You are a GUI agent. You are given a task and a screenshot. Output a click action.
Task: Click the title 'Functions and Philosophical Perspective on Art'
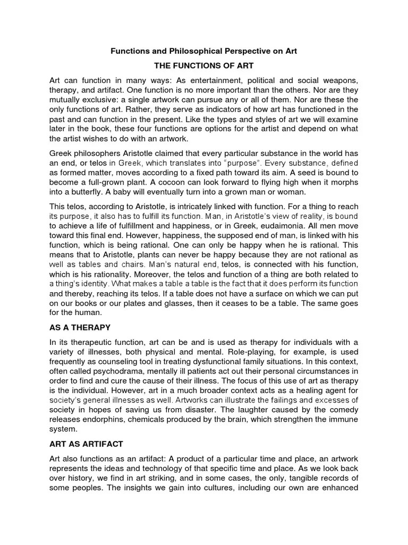[203, 52]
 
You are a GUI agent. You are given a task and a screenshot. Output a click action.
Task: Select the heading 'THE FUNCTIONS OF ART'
[203, 65]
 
